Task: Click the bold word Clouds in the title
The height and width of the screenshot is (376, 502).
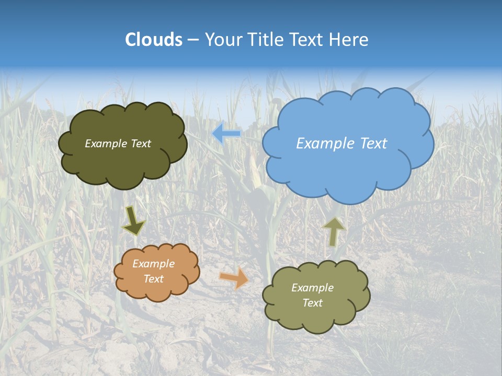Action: coord(154,40)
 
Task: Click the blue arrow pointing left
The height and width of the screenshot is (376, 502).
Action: coord(226,134)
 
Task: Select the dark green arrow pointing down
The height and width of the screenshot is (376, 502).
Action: coord(133,220)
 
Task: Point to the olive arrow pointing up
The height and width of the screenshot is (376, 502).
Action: coord(333,231)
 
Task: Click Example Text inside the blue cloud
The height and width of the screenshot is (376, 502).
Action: coord(341,144)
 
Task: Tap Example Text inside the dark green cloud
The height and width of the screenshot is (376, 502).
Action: coord(118,144)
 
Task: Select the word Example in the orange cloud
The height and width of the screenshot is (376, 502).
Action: coord(153,264)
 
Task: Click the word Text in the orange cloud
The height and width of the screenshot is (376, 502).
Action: coord(153,279)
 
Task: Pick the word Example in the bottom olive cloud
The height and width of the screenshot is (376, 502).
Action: coord(312,288)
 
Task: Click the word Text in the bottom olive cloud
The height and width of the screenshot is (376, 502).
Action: coord(312,303)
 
